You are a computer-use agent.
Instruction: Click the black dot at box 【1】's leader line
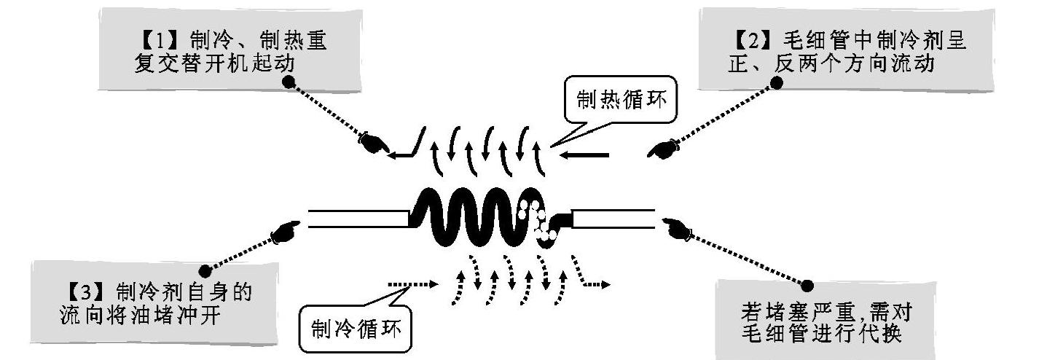click(289, 83)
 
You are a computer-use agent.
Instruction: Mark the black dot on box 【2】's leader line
click(776, 83)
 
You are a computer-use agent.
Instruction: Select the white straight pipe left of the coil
click(356, 219)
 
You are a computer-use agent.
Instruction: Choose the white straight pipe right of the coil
click(613, 219)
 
